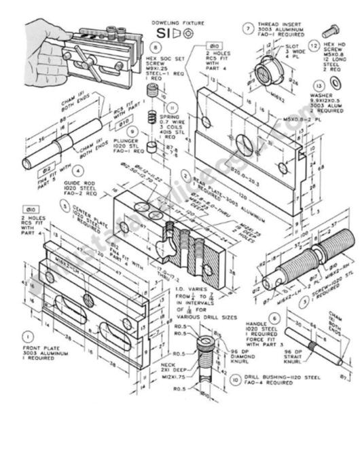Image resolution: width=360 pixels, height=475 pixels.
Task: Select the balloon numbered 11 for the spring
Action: pyautogui.click(x=171, y=107)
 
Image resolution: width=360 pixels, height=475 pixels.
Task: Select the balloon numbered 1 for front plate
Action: pyautogui.click(x=28, y=335)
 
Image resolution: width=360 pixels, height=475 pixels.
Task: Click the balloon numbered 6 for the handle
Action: pyautogui.click(x=274, y=318)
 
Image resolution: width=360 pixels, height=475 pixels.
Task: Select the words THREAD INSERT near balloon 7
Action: pyautogui.click(x=274, y=24)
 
